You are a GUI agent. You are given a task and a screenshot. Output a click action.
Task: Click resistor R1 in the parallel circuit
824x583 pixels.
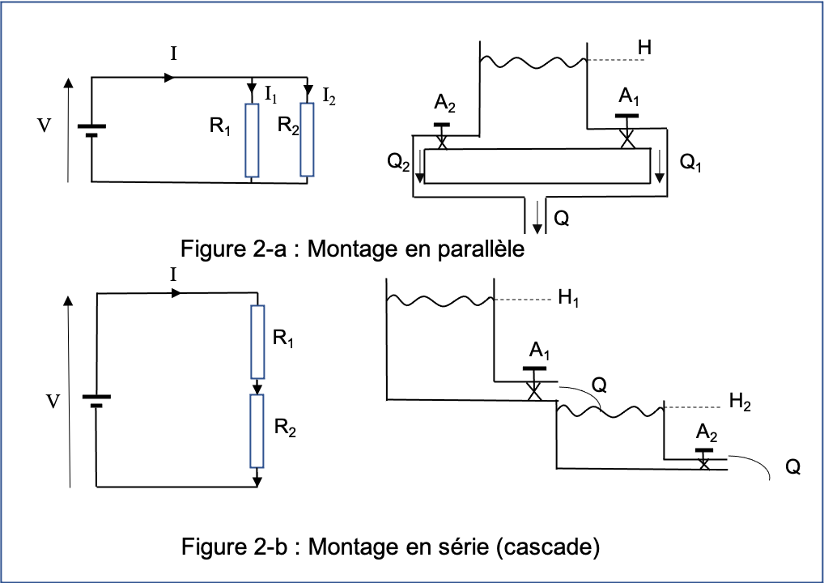point(252,140)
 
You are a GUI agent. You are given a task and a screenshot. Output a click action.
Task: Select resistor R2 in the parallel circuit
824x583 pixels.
point(307,139)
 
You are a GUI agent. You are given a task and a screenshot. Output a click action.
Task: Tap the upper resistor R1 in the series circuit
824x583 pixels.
point(257,341)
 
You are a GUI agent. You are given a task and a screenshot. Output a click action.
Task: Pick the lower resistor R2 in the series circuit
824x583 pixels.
point(257,431)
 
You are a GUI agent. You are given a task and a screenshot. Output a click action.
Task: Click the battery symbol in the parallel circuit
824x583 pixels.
point(91,130)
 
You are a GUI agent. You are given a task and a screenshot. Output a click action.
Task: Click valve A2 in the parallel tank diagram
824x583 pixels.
point(442,136)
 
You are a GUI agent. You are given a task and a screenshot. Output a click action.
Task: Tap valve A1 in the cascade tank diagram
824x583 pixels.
point(534,381)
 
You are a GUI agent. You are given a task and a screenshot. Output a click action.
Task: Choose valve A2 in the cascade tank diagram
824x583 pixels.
point(704,457)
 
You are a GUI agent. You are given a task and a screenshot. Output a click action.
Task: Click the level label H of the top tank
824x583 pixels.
point(644,49)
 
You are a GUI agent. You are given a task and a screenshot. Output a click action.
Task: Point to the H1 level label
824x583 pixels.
point(569,301)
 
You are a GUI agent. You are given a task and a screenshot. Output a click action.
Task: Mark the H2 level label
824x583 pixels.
point(739,401)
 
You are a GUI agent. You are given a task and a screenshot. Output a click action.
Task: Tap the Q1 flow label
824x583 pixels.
point(690,163)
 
